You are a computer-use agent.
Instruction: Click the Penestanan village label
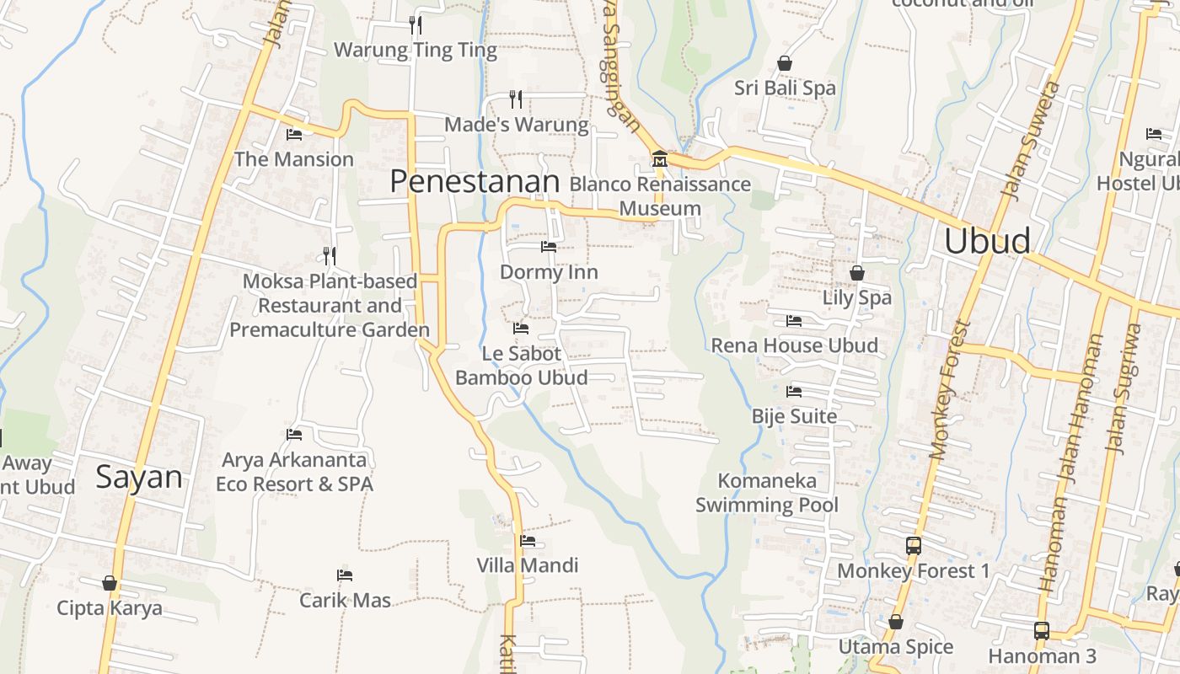[475, 181]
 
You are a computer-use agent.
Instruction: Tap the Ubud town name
[987, 241]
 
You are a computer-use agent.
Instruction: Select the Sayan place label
[139, 477]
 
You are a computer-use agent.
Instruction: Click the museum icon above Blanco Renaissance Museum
[659, 158]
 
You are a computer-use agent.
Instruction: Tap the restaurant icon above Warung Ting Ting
[415, 24]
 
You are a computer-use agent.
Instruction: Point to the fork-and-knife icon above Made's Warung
[516, 99]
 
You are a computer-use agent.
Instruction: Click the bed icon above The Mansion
[294, 134]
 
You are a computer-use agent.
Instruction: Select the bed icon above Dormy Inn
[549, 247]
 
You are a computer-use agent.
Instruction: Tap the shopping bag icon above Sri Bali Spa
[785, 63]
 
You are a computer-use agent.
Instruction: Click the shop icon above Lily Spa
[856, 273]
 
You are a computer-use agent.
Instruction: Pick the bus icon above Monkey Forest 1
[914, 546]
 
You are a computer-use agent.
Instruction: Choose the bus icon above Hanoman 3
[1042, 630]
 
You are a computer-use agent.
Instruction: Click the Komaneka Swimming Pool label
[767, 493]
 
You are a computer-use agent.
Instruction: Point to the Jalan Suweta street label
[1029, 140]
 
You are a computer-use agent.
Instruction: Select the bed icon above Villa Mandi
[528, 540]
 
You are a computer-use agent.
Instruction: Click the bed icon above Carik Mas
[345, 575]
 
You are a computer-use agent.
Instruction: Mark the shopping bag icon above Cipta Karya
[110, 583]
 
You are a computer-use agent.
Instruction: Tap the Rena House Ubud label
[794, 345]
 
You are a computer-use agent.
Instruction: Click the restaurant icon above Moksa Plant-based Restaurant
[330, 255]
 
